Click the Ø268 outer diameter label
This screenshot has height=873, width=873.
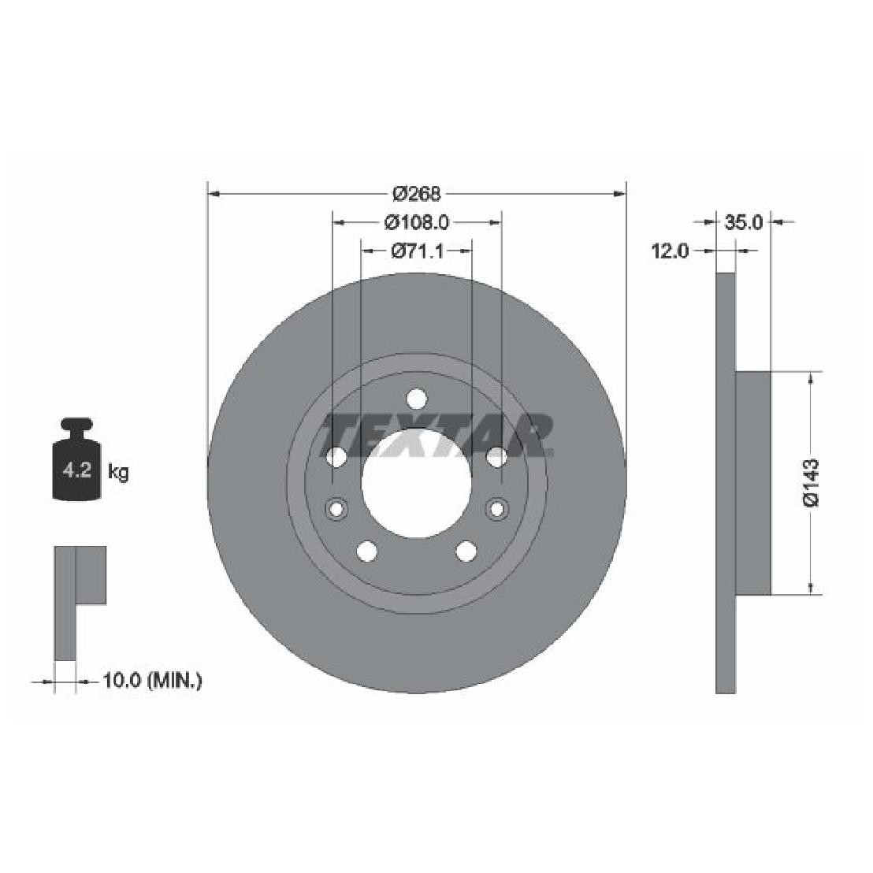tap(416, 193)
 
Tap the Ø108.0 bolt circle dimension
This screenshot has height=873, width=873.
tap(417, 223)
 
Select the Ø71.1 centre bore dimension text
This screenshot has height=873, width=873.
tap(417, 251)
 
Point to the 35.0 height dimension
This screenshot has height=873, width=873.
tap(743, 222)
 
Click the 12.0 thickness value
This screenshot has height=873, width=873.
tap(671, 251)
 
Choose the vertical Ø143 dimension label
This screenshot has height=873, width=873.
tap(812, 482)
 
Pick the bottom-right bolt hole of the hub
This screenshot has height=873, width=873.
tap(466, 551)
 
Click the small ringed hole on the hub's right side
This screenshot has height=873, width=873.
tap(497, 509)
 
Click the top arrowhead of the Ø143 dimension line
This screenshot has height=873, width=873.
tap(812, 377)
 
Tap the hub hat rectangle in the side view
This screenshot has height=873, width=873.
tap(752, 482)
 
